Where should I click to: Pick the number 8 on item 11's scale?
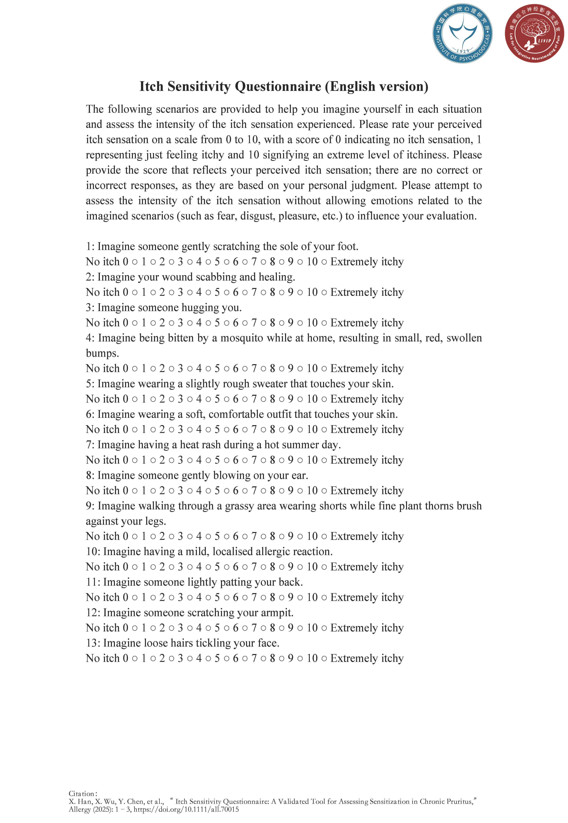click(x=272, y=597)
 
